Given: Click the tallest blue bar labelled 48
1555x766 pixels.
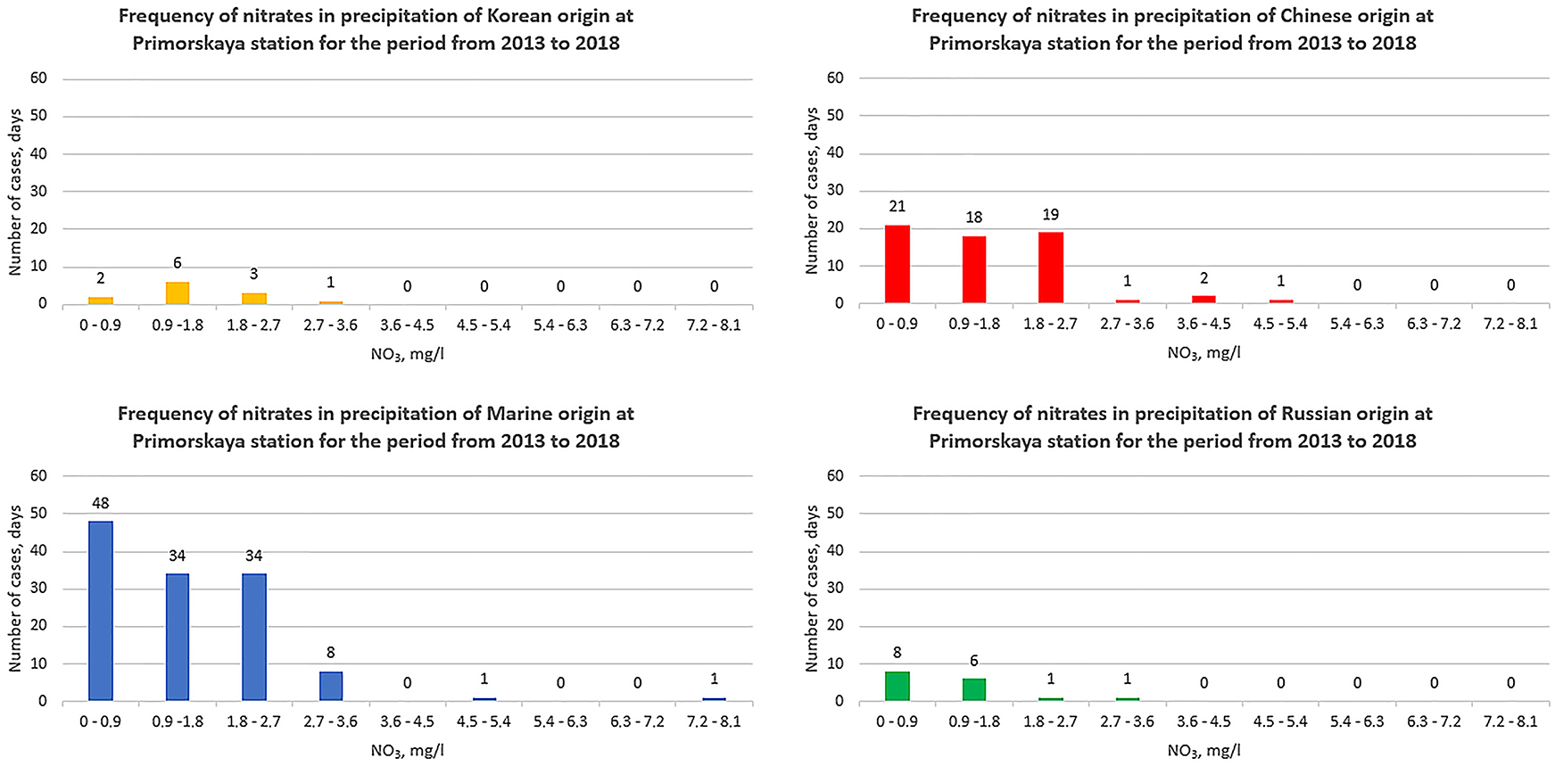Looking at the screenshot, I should click(x=101, y=611).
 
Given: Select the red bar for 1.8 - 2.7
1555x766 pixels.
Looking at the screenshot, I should click(x=1051, y=268).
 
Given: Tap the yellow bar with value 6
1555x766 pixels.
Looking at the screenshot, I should click(x=178, y=293).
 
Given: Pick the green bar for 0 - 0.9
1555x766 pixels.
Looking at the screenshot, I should click(x=897, y=686).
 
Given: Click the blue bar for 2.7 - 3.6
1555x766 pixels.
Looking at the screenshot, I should click(x=331, y=686).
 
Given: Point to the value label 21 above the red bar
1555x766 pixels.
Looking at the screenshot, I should click(x=897, y=207).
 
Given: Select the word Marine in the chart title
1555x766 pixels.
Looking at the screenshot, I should click(x=520, y=414).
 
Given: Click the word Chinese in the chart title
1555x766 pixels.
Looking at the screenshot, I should click(x=1317, y=16).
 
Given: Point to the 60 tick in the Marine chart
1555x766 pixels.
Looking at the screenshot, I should click(x=38, y=476).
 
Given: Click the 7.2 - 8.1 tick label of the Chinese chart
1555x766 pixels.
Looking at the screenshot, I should click(x=1510, y=325).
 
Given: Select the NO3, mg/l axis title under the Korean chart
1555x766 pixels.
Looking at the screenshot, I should click(x=408, y=355).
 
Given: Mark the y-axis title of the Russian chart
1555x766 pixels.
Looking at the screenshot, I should click(x=811, y=589).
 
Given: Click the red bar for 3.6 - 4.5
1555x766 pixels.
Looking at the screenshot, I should click(x=1204, y=300).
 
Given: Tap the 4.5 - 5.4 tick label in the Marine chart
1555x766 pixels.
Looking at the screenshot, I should click(x=484, y=721).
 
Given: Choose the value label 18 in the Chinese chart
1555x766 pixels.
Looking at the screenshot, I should click(x=974, y=218).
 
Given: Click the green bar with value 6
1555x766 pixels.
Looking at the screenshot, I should click(x=974, y=690).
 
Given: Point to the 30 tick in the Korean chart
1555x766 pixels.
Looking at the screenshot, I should click(x=38, y=192).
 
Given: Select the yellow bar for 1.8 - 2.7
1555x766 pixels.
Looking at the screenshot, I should click(x=254, y=299).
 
